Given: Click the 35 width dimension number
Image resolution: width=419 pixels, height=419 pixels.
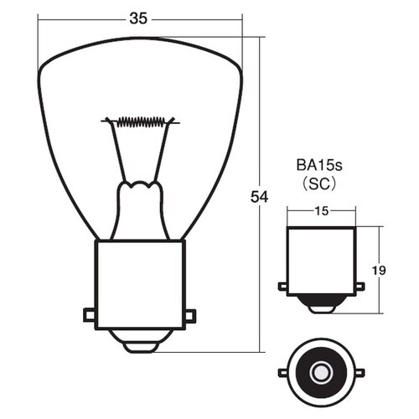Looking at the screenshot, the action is point(138,19).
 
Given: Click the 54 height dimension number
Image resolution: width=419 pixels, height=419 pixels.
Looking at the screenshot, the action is point(259,197).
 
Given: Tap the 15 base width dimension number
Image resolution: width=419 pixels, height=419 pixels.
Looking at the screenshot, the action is point(322,211).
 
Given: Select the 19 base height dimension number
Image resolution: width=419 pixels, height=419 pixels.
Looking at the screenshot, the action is point(379,271).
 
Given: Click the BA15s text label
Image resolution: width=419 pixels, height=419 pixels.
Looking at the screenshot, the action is point(319,165).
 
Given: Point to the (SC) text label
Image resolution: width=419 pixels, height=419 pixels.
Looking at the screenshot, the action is point(319,184).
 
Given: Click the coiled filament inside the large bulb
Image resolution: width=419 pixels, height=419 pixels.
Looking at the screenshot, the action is point(141,122).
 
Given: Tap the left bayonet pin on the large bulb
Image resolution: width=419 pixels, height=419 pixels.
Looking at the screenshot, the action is point(90,315).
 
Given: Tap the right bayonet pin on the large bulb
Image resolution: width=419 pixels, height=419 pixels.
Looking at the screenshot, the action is point(190,316).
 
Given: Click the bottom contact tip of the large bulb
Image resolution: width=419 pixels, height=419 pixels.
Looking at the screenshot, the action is point(140,347).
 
